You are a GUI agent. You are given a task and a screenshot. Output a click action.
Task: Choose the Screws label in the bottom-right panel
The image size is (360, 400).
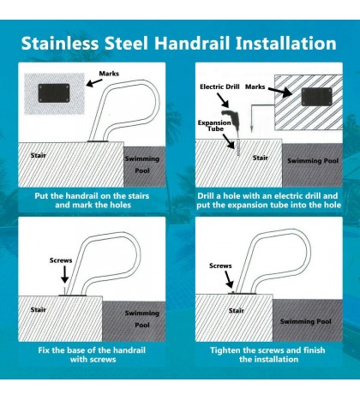(220, 266)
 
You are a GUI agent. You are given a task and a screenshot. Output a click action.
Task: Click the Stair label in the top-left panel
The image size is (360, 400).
(39, 157)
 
